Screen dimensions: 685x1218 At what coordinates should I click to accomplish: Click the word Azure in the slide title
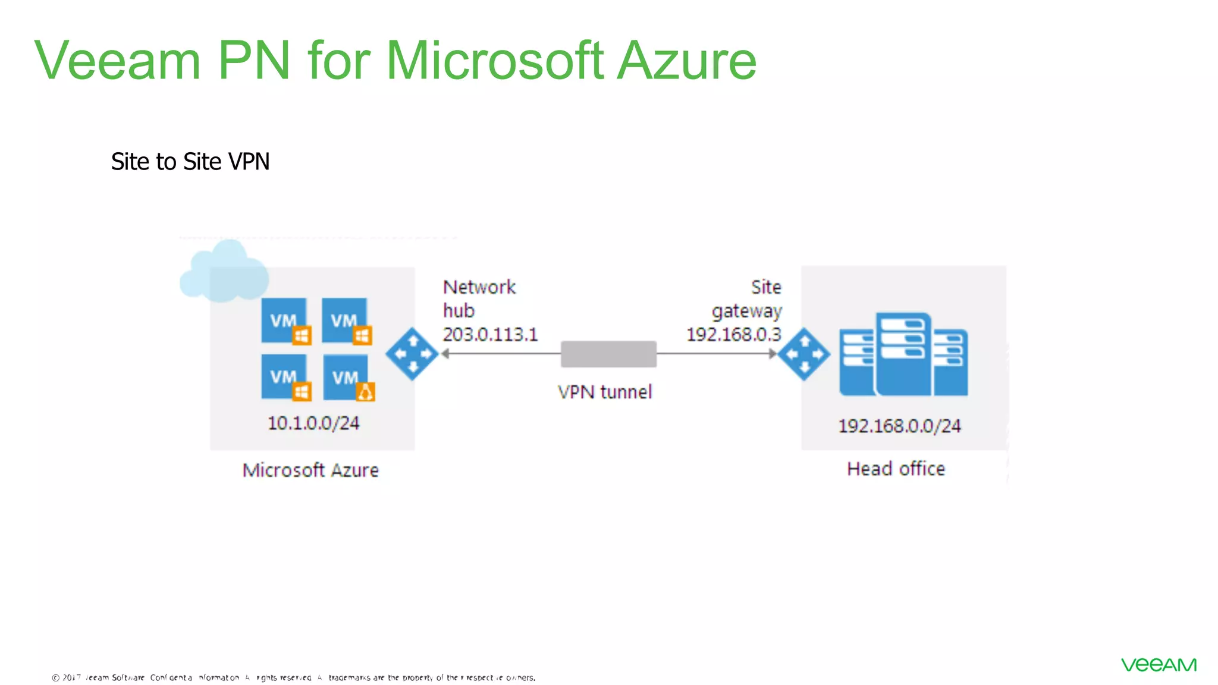[x=686, y=61]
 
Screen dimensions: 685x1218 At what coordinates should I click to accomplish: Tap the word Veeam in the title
[x=117, y=61]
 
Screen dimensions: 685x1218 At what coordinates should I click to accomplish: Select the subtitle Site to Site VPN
[x=190, y=162]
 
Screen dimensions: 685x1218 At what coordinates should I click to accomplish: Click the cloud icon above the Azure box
[x=223, y=272]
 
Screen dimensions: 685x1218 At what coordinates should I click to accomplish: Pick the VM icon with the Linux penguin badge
[x=348, y=378]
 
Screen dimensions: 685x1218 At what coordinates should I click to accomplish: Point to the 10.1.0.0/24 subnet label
[x=313, y=423]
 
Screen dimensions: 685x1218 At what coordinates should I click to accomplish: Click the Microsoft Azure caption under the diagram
[x=310, y=470]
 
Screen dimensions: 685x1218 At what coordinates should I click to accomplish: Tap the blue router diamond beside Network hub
[x=412, y=354]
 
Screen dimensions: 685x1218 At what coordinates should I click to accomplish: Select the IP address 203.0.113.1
[x=490, y=335]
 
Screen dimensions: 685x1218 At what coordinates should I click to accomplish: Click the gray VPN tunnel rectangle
[x=608, y=354]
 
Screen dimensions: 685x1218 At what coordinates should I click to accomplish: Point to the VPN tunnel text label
[x=605, y=392]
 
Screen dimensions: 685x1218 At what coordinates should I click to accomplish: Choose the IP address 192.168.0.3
[x=734, y=335]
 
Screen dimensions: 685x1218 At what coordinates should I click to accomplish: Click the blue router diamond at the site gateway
[x=804, y=354]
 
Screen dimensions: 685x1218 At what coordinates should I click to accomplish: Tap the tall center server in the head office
[x=903, y=354]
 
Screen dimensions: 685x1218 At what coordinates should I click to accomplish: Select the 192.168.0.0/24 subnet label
[x=899, y=426]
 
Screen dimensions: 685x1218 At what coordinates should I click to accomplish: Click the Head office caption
[x=896, y=469]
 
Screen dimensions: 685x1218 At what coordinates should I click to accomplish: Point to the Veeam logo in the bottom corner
[x=1159, y=665]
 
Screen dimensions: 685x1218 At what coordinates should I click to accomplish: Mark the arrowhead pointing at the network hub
[x=445, y=354]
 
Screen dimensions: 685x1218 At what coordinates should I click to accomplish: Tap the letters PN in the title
[x=254, y=61]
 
